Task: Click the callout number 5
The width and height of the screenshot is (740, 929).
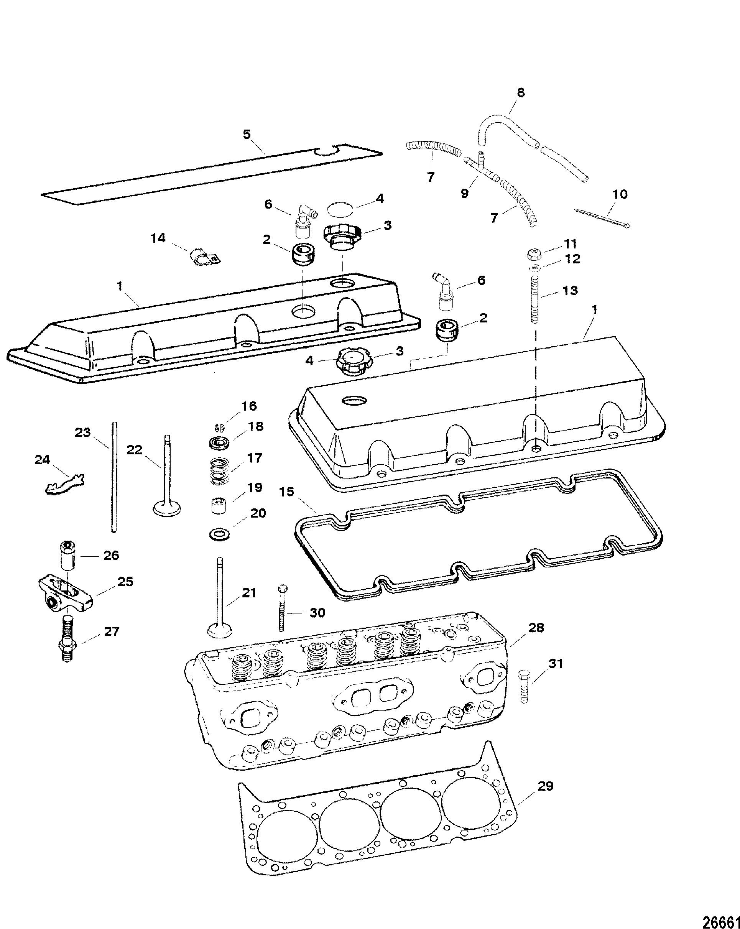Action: pyautogui.click(x=247, y=134)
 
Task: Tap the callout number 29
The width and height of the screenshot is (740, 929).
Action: pyautogui.click(x=545, y=786)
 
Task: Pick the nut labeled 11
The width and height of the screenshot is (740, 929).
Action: pyautogui.click(x=533, y=254)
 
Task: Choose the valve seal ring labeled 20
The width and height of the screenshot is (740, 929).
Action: pyautogui.click(x=219, y=534)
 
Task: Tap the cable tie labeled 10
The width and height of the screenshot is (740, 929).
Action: pyautogui.click(x=602, y=218)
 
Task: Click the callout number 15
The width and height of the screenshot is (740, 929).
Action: pyautogui.click(x=287, y=492)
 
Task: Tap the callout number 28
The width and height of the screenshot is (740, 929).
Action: pyautogui.click(x=536, y=628)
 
